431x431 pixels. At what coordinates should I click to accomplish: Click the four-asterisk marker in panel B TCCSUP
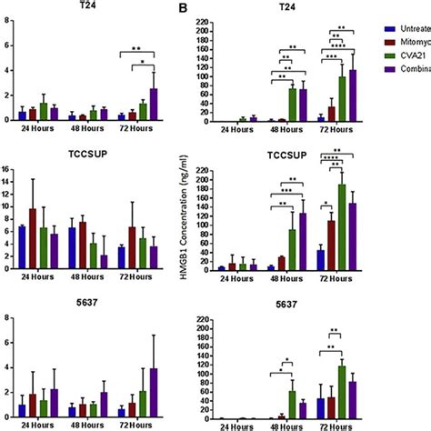tap(342, 163)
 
